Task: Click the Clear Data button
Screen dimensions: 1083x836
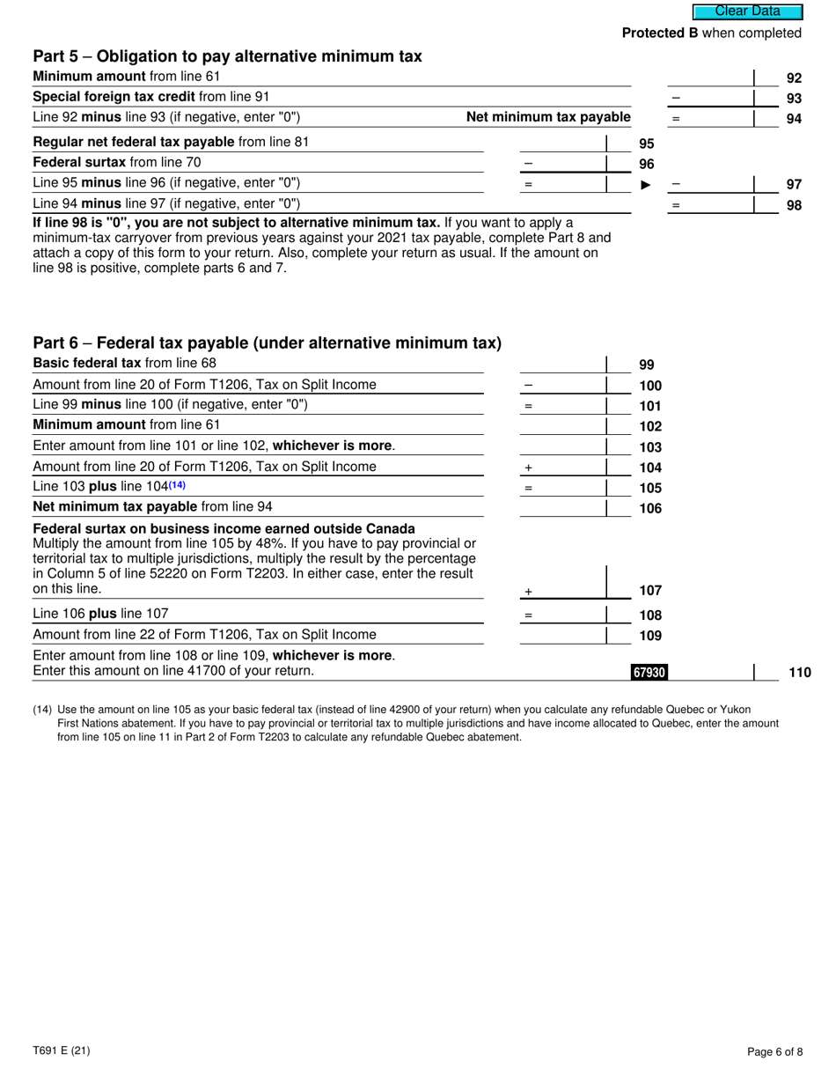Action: [747, 11]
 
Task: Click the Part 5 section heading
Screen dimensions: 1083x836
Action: [227, 56]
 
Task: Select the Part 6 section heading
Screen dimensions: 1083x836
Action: [267, 343]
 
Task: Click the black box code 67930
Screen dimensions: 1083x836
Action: [649, 673]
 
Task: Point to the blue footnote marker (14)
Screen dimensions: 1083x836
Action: [177, 485]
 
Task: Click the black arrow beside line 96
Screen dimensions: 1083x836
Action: [646, 185]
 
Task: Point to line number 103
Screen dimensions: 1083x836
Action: [650, 447]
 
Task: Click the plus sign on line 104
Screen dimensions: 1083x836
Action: [528, 468]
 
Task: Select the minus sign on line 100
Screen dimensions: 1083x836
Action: [528, 386]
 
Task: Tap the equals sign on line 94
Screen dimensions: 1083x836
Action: [676, 119]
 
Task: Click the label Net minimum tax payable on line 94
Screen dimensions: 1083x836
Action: [548, 117]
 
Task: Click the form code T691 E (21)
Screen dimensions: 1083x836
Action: [61, 1050]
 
